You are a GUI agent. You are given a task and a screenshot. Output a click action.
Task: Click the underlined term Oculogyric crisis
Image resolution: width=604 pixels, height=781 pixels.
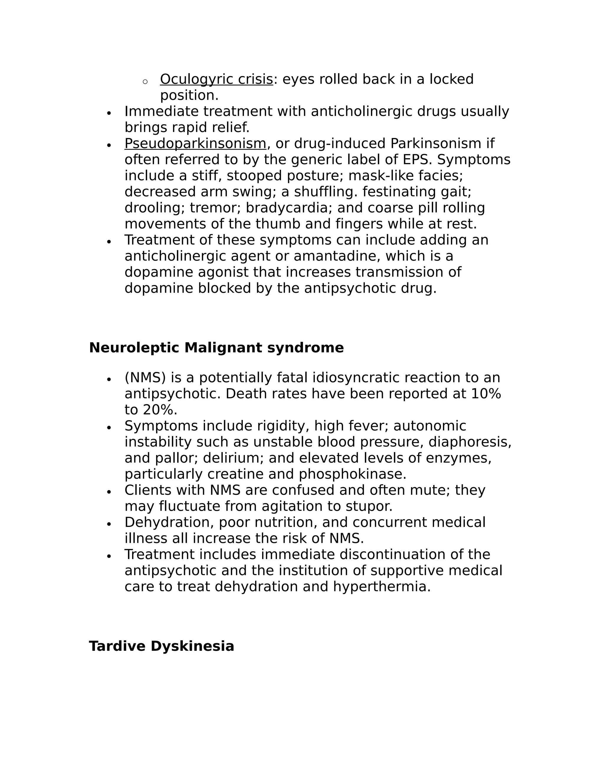[216, 79]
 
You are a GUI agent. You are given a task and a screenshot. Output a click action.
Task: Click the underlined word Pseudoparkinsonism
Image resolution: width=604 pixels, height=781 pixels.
[195, 144]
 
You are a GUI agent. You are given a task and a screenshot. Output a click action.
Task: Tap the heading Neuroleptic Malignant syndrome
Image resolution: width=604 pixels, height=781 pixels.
[216, 348]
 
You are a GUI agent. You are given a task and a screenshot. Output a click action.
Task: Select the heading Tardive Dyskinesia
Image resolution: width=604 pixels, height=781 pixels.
[161, 647]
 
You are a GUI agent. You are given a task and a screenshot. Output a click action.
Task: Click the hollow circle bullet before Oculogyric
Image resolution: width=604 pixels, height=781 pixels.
[145, 82]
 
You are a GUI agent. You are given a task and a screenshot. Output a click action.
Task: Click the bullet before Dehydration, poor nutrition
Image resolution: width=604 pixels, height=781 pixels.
[109, 524]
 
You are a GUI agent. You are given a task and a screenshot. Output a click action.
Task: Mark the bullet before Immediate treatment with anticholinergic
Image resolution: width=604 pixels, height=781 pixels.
[109, 113]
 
